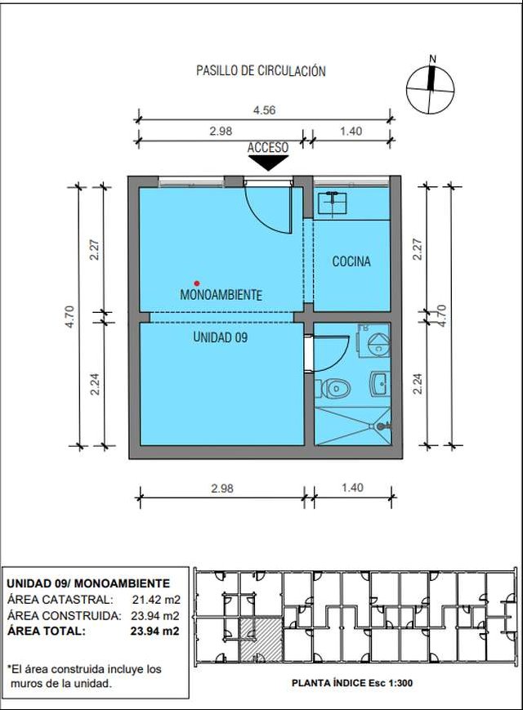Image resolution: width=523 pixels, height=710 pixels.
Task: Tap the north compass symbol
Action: point(430,87)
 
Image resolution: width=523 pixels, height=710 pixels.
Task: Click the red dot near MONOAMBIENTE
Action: point(196,284)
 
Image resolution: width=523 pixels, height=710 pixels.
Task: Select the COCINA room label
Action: point(351,261)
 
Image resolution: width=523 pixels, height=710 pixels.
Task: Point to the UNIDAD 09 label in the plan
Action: point(220,337)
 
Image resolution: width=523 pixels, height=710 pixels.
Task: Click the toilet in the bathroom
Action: point(336,388)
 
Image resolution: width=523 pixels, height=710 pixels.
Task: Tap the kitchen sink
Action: point(333,203)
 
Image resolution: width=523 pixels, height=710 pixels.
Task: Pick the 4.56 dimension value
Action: point(264,110)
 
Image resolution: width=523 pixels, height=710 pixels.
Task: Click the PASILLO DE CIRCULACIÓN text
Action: point(261,70)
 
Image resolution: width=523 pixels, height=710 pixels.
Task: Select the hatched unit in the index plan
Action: point(261,639)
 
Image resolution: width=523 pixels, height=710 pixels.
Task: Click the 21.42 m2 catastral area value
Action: point(156,600)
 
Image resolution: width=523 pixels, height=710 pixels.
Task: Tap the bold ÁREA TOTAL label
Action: point(47,631)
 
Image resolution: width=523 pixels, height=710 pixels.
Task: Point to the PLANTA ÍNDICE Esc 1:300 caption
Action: point(352,683)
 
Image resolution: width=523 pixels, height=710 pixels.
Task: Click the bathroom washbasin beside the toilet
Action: point(379,383)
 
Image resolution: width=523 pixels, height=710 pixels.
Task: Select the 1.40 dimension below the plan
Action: point(352,488)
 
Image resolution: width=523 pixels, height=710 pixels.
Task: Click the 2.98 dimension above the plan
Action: point(221,131)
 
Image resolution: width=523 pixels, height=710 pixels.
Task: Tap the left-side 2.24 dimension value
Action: point(95,384)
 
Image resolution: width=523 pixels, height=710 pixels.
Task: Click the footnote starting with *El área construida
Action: point(85,676)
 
